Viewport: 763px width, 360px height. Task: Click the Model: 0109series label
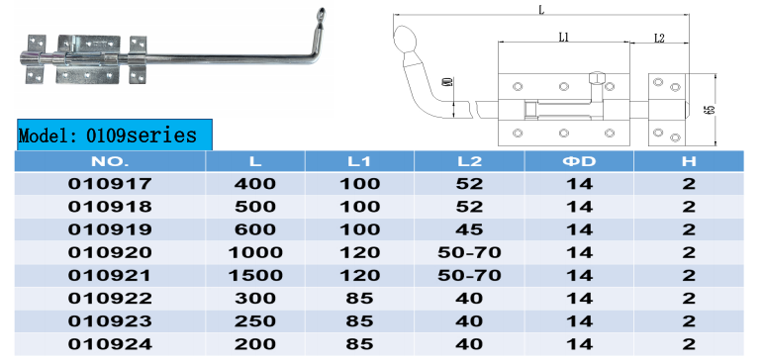click(x=108, y=135)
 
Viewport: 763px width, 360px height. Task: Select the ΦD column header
click(x=579, y=161)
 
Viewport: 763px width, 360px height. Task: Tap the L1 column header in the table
click(x=359, y=161)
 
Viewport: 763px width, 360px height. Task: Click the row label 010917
click(x=110, y=184)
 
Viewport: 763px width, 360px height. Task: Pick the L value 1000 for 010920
click(x=255, y=252)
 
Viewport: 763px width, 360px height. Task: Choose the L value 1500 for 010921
click(x=255, y=275)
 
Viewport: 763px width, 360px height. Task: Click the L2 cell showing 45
click(x=469, y=229)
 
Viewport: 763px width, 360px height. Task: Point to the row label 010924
click(x=110, y=344)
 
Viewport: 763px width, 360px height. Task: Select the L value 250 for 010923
click(x=255, y=321)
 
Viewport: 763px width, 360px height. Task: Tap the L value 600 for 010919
click(x=255, y=229)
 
